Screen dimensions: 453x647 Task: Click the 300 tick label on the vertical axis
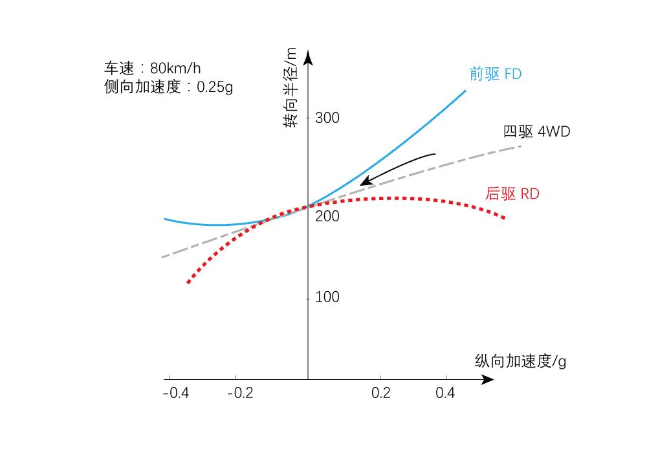327,118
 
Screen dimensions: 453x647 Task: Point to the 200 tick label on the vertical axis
327,216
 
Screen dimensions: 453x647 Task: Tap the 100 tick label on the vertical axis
327,297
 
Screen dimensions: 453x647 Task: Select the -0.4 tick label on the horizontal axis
176,393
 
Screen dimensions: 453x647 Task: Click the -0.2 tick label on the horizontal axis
240,393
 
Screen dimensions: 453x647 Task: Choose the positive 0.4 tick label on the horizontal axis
444,393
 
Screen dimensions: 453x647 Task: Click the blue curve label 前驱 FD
495,74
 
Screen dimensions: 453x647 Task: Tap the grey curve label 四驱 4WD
536,132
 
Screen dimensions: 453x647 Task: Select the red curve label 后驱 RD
512,193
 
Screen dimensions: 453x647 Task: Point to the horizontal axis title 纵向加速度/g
520,361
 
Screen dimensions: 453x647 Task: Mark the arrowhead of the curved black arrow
364,182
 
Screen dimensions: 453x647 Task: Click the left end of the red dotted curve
188,282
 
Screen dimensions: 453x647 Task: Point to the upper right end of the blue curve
465,91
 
